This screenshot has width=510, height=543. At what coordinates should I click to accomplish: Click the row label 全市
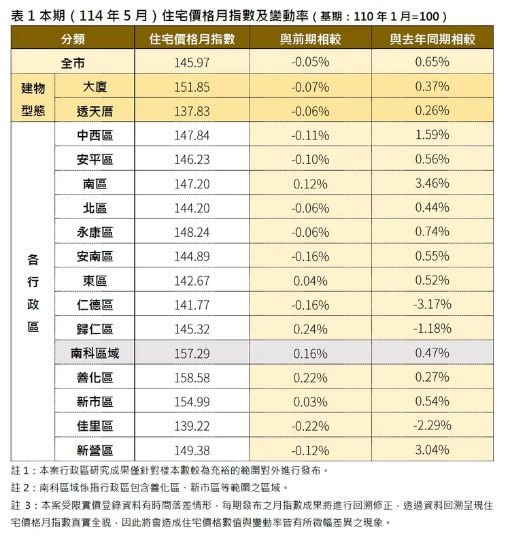pos(73,63)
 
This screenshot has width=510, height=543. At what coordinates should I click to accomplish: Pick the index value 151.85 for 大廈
pos(192,86)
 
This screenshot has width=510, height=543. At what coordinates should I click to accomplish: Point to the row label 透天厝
pos(95,111)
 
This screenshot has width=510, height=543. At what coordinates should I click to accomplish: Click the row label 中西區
pos(95,135)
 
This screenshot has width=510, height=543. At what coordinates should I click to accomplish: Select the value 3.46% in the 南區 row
pos(432,184)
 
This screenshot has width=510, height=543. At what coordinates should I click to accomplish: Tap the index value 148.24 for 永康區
pos(192,232)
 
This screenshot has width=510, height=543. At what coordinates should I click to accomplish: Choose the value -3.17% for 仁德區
pos(432,304)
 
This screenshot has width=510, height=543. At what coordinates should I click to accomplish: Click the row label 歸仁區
pos(95,329)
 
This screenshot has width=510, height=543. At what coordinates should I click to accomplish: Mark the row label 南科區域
pos(95,353)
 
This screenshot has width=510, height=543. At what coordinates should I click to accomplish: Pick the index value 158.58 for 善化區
pos(192,377)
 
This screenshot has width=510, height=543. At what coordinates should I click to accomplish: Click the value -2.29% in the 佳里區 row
pos(432,425)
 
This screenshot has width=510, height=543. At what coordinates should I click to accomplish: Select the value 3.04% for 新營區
pos(432,450)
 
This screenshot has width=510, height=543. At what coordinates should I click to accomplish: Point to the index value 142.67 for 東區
pos(192,280)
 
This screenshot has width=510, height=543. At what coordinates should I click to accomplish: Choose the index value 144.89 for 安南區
pos(192,256)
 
